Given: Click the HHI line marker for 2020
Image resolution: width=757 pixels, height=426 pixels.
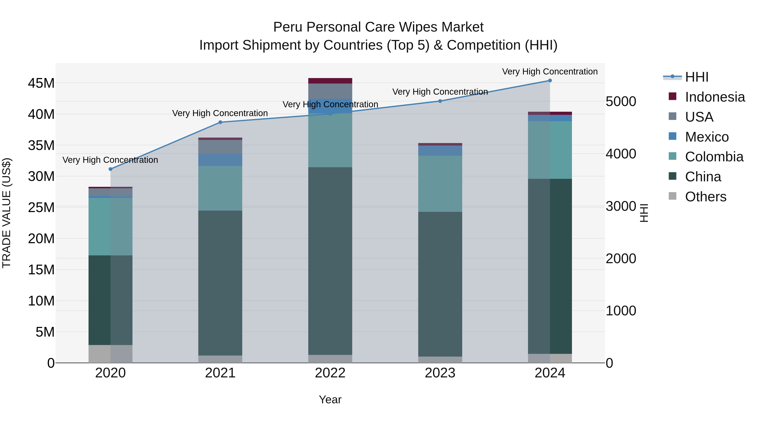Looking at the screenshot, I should (x=110, y=169).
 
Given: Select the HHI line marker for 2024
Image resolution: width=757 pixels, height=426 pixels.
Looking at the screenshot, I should (x=550, y=81).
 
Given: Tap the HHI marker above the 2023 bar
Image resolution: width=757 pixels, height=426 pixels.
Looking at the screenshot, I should (x=440, y=101).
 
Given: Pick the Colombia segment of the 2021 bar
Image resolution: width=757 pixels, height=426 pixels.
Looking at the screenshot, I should (x=220, y=188).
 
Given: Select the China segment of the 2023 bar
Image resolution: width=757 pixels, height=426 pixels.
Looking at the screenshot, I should (x=440, y=284).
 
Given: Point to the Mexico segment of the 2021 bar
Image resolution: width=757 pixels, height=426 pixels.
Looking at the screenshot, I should (x=220, y=160).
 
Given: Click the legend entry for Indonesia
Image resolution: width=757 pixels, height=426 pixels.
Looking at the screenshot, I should (x=715, y=97).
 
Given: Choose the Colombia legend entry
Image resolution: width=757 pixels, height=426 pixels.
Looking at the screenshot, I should (x=714, y=157).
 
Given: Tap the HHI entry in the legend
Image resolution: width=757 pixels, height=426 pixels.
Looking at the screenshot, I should (x=696, y=77).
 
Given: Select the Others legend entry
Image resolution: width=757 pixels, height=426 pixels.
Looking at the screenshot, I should (x=705, y=197).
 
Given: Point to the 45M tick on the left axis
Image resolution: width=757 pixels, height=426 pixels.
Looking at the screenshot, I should (x=41, y=83).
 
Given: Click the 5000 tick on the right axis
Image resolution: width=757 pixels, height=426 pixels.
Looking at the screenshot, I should (x=621, y=101).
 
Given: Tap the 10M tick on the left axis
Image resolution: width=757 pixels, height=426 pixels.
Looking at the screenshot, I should (x=41, y=301).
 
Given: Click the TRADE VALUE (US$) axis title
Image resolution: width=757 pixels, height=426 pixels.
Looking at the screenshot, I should (x=7, y=213).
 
